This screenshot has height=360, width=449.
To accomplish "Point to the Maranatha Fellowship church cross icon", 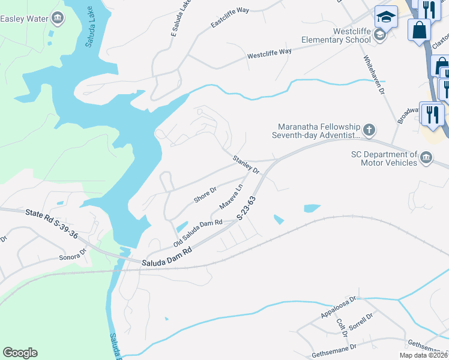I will click(x=369, y=128).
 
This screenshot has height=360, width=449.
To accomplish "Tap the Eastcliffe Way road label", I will click(x=229, y=17).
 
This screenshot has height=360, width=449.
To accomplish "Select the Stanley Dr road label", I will click(x=246, y=164).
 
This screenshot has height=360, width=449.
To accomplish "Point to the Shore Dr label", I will click(x=205, y=194).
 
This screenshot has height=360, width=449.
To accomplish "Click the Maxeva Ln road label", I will click(x=231, y=196).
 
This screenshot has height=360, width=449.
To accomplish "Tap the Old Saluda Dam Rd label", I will click(x=198, y=233).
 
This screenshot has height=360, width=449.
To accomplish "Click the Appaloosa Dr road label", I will click(x=339, y=305).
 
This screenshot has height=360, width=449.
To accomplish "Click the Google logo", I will click(x=20, y=353).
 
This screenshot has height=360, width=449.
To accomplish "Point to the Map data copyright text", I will click(x=423, y=355).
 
